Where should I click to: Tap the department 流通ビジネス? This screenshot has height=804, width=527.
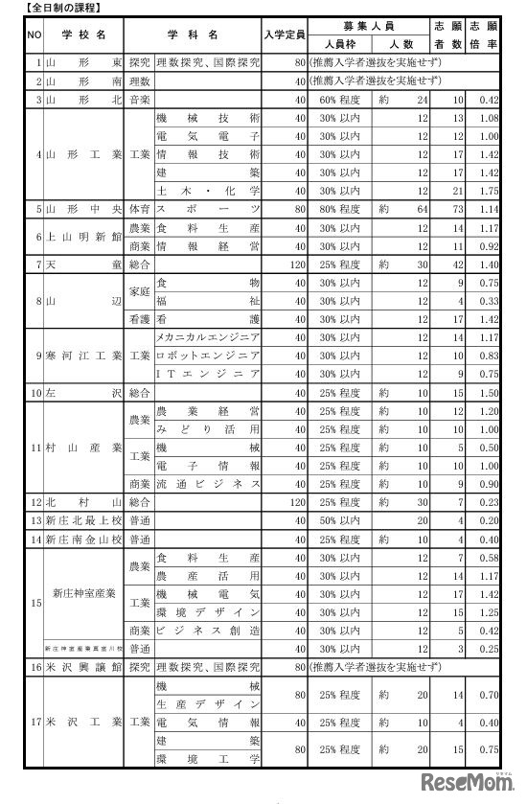(x=207, y=484)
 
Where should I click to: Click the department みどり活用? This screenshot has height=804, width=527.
(x=207, y=429)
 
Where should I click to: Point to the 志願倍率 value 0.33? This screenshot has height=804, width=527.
(x=490, y=301)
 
